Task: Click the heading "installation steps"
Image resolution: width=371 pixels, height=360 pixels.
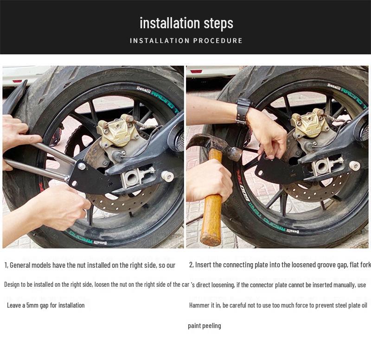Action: coord(186,23)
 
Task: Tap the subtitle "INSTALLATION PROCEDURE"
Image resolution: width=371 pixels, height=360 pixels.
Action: coord(186,41)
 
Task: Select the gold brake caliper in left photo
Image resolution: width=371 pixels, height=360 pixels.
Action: coord(118,130)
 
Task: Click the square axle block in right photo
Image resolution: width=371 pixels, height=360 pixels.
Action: coord(322,166)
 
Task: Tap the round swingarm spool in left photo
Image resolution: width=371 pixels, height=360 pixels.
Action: coord(167,177)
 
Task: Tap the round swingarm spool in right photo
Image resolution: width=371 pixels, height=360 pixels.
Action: coord(354,166)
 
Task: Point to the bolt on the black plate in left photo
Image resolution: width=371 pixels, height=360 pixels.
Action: coord(82,166)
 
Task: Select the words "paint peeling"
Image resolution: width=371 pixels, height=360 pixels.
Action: coord(205,326)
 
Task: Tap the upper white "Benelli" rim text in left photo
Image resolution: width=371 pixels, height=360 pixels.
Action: coord(143,90)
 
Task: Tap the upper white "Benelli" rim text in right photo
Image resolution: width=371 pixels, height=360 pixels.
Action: coord(334,87)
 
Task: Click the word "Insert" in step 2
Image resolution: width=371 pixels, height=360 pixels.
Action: coord(203,265)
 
